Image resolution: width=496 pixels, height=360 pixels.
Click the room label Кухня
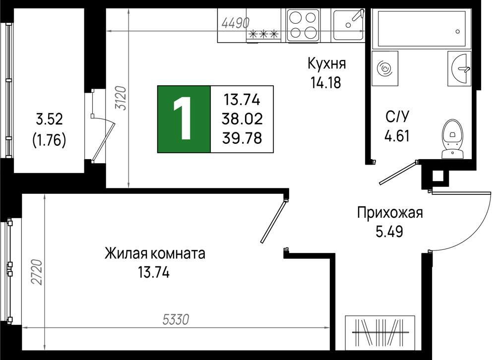coord(327,64)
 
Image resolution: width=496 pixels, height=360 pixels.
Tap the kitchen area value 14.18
coord(325,83)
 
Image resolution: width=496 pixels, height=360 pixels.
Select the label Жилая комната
coord(155,254)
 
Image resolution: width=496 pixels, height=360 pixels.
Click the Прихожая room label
coord(390,213)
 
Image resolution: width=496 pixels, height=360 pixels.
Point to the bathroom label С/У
coord(397,117)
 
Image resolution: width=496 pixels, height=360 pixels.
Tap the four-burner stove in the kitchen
coord(304,25)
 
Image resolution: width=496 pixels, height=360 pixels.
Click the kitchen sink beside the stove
coord(348,25)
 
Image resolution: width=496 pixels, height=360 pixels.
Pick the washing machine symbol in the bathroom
coord(385,68)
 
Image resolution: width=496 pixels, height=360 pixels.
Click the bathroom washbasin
coord(459,68)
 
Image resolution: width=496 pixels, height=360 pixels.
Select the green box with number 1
coord(184,120)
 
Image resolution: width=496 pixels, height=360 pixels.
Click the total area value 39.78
coord(243,138)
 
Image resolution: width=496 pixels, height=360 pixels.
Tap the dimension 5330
coord(176,319)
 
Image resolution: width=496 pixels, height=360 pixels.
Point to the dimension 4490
coord(236,23)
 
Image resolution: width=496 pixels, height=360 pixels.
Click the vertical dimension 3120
coord(121,98)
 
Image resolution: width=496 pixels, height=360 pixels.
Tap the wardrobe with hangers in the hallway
coord(379,333)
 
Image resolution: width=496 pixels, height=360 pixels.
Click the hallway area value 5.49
coord(389,232)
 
